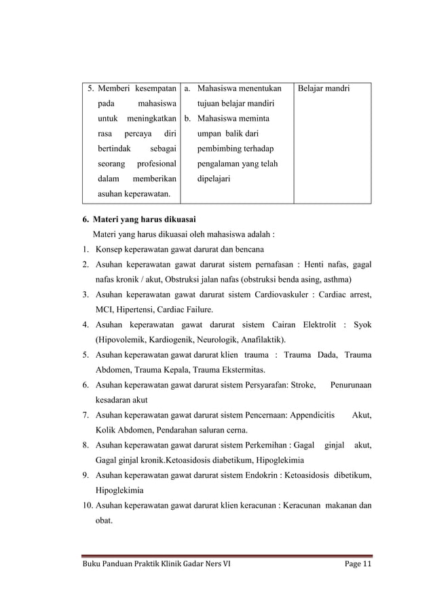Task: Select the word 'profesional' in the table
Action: [156, 164]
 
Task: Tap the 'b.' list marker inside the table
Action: [189, 118]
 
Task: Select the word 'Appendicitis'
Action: [308, 415]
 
